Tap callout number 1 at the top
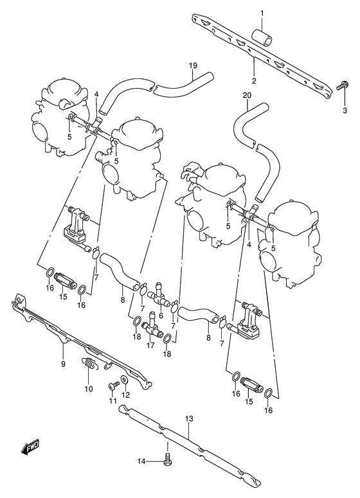(x=262, y=13)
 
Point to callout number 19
(x=192, y=66)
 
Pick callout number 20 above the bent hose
(x=246, y=95)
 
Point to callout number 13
(x=188, y=419)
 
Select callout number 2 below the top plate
(x=254, y=81)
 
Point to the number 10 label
(x=88, y=388)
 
